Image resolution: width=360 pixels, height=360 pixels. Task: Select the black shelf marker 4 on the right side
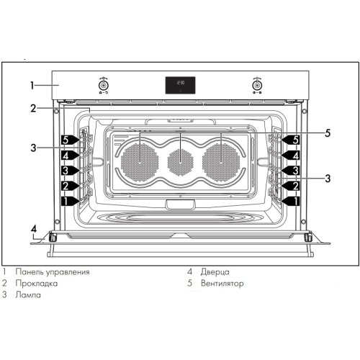click(292, 155)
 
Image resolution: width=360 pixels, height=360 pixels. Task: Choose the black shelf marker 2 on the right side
click(292, 186)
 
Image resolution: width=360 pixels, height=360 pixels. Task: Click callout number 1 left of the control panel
click(32, 85)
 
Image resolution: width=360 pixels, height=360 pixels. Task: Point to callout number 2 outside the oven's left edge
click(32, 109)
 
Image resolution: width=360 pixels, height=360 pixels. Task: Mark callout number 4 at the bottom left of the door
click(33, 230)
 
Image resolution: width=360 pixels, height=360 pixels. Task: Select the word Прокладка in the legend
click(44, 284)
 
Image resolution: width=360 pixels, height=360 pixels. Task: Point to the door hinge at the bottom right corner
click(307, 237)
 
